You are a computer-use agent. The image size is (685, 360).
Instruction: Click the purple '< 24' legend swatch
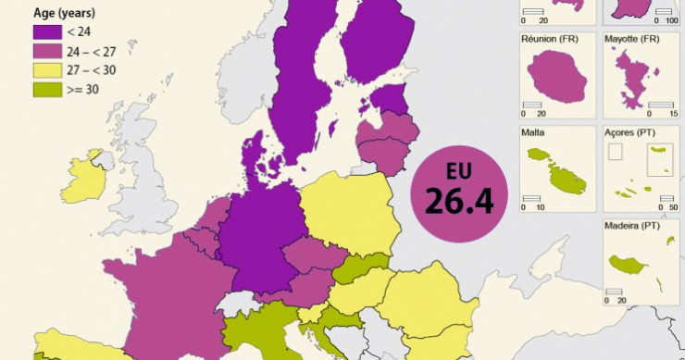point(45,32)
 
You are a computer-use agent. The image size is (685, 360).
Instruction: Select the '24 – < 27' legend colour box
point(45,51)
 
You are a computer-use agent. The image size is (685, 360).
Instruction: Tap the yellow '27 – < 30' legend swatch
point(45,70)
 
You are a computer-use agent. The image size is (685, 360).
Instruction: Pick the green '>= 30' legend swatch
point(45,89)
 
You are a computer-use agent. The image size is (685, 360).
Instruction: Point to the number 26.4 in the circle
point(459,199)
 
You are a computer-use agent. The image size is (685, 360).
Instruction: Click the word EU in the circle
point(459,171)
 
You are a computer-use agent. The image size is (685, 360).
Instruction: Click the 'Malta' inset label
point(533,132)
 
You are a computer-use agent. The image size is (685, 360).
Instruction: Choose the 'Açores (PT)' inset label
point(631,132)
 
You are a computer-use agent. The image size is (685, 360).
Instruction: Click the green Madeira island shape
point(632,266)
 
